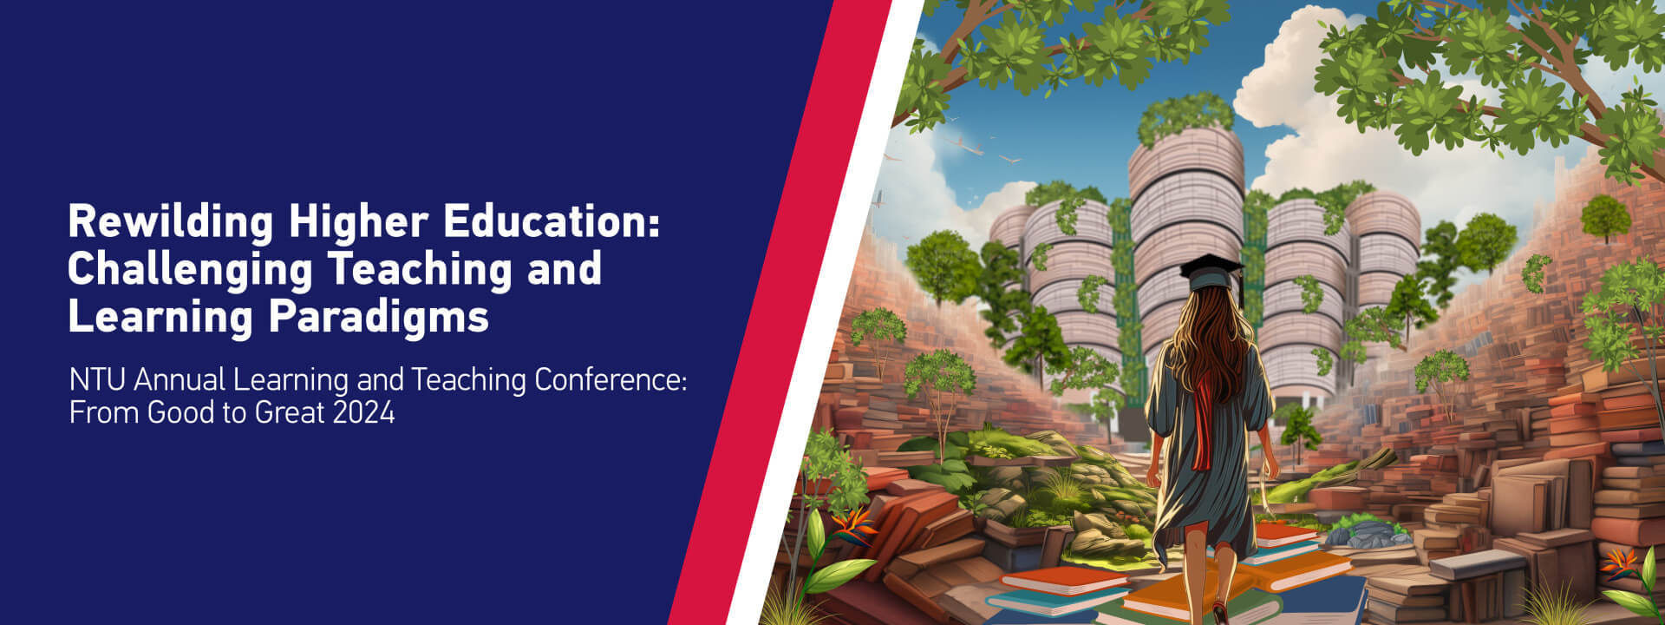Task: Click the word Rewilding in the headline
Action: click(x=170, y=222)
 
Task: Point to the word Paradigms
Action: click(x=379, y=318)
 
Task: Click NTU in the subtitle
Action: click(x=98, y=379)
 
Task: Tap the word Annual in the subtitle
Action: click(x=180, y=379)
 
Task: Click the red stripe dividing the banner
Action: click(x=780, y=312)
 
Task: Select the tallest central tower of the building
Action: click(x=1186, y=260)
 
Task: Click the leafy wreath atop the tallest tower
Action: click(x=1185, y=116)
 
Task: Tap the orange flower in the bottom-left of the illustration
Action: click(x=853, y=523)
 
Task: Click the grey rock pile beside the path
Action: click(x=1374, y=533)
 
